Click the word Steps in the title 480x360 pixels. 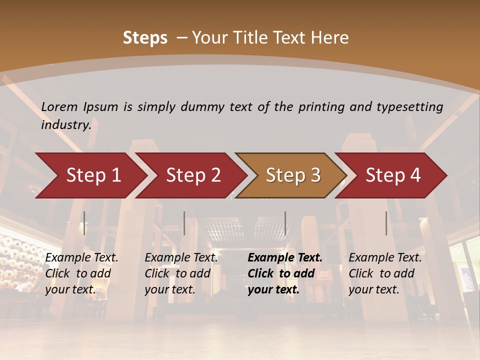[145, 38]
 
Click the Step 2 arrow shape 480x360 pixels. [193, 175]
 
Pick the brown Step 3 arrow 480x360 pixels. [293, 175]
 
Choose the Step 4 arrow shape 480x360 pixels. [393, 175]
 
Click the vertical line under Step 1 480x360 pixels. [84, 223]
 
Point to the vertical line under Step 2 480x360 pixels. [184, 223]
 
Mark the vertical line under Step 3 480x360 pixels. [285, 223]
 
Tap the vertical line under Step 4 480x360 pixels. [386, 223]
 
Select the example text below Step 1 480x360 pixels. [81, 273]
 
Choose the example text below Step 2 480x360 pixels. [181, 273]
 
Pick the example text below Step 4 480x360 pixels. [384, 273]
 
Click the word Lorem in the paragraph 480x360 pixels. [59, 107]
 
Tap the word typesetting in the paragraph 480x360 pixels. [409, 107]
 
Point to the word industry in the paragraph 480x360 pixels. [65, 125]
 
